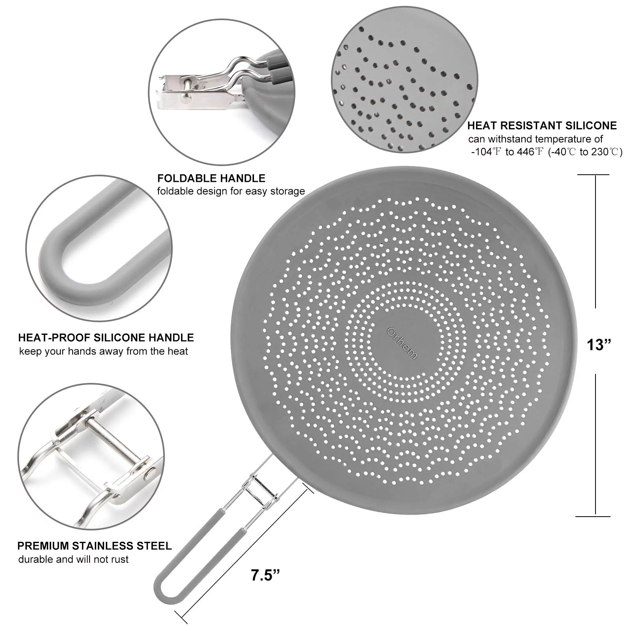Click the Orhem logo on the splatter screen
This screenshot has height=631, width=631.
coord(402,343)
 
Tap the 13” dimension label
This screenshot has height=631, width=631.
coord(599,345)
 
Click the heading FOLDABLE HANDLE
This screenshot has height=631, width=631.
coord(211,178)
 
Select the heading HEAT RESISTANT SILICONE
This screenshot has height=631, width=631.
coord(542,126)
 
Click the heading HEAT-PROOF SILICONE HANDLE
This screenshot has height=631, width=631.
coord(106,338)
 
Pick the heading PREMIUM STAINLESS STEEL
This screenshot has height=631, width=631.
coord(95,546)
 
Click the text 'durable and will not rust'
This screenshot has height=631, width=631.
coord(73,559)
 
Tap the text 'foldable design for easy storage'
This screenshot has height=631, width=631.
coord(231,191)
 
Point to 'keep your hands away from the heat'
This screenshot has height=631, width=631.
coord(104,351)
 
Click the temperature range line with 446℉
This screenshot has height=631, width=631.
coord(547,152)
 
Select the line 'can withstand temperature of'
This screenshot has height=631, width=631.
coord(536,139)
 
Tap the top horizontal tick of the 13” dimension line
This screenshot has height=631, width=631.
coord(593,175)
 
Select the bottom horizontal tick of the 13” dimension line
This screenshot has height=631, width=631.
coord(593,516)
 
